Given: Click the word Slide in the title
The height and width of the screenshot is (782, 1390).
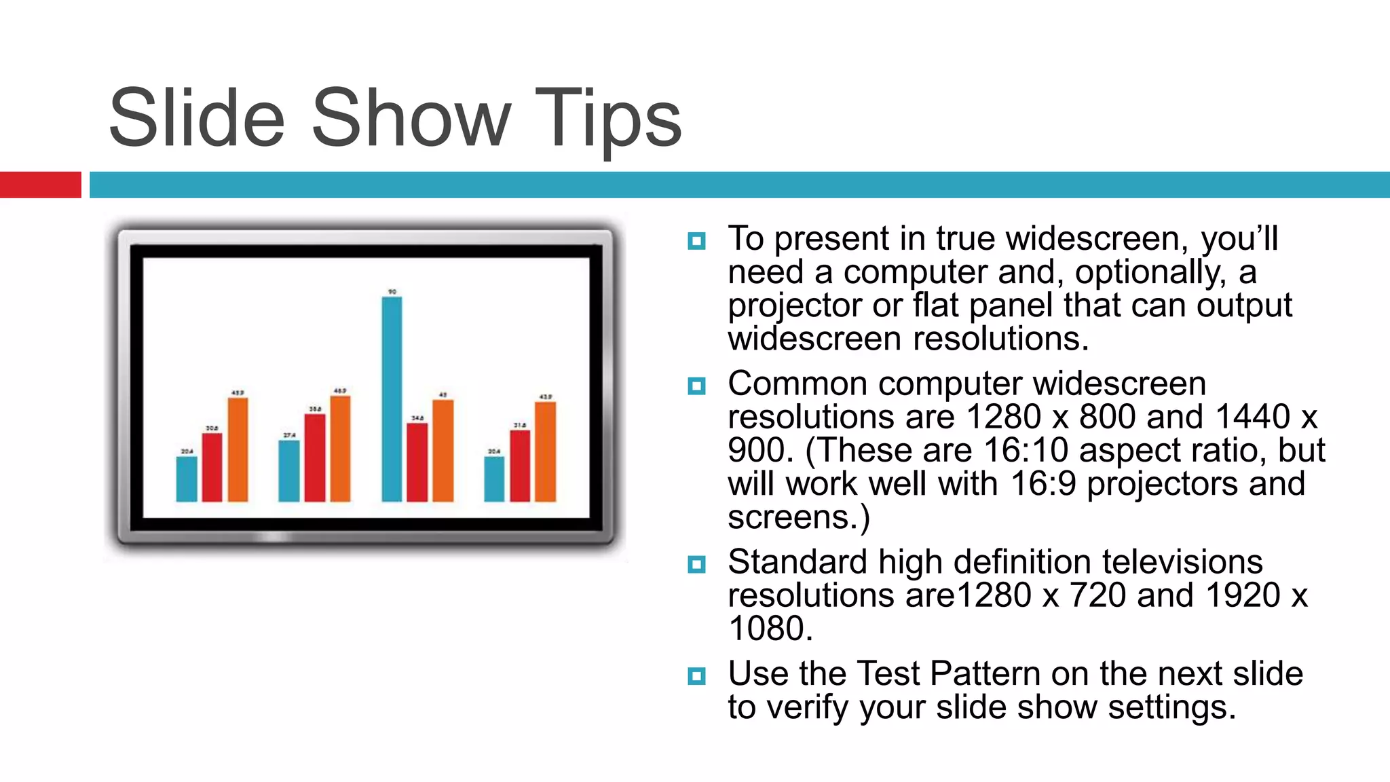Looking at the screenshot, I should [x=196, y=119].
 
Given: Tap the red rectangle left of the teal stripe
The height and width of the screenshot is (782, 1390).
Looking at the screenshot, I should [x=40, y=185].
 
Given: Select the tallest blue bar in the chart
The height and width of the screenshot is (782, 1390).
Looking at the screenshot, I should [x=392, y=399].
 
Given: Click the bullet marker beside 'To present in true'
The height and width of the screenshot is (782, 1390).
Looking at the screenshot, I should [x=696, y=241].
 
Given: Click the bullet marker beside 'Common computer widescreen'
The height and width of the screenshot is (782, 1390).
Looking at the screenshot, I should [x=696, y=386].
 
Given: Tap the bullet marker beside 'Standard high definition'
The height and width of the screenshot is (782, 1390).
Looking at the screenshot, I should [x=696, y=564].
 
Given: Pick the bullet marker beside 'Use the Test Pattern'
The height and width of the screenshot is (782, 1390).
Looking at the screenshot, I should [x=696, y=676].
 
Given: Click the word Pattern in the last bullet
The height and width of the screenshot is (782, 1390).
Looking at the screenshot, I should [x=985, y=674].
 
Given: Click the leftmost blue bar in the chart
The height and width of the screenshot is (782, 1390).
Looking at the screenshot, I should [x=187, y=479].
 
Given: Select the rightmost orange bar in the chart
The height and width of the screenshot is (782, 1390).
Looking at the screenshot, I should [x=545, y=451].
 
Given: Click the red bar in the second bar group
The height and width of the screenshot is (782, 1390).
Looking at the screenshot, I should [x=314, y=458].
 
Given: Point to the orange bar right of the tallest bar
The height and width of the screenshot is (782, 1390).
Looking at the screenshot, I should [x=443, y=451].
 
